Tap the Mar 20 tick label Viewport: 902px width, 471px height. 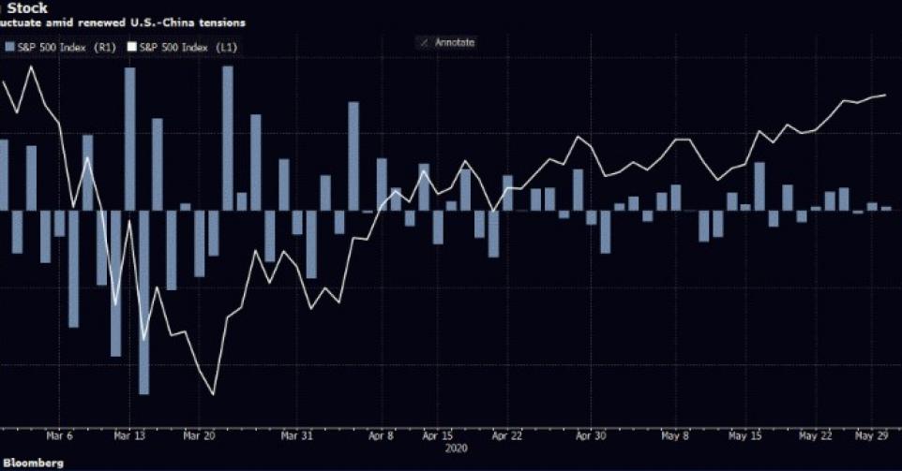[x=198, y=435]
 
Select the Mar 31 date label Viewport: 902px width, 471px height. [x=296, y=435]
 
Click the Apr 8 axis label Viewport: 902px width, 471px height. [x=381, y=435]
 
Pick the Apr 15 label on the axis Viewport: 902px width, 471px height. [x=438, y=435]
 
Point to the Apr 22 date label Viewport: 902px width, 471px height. [x=507, y=435]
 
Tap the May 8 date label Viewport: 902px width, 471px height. [x=673, y=435]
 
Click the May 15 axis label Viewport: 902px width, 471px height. [x=744, y=435]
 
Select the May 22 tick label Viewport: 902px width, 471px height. [x=815, y=435]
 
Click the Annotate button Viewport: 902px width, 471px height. [x=451, y=42]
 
